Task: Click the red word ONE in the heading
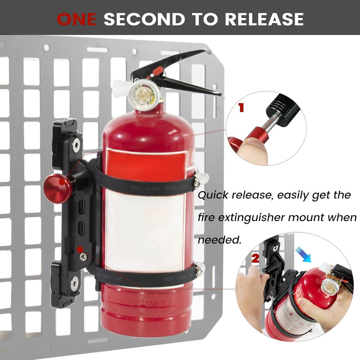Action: pos(76,19)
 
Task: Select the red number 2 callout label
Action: pos(255,258)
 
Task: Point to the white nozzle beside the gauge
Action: pos(119,87)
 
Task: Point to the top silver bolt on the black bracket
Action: pos(76,144)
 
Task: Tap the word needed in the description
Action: pos(219,240)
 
